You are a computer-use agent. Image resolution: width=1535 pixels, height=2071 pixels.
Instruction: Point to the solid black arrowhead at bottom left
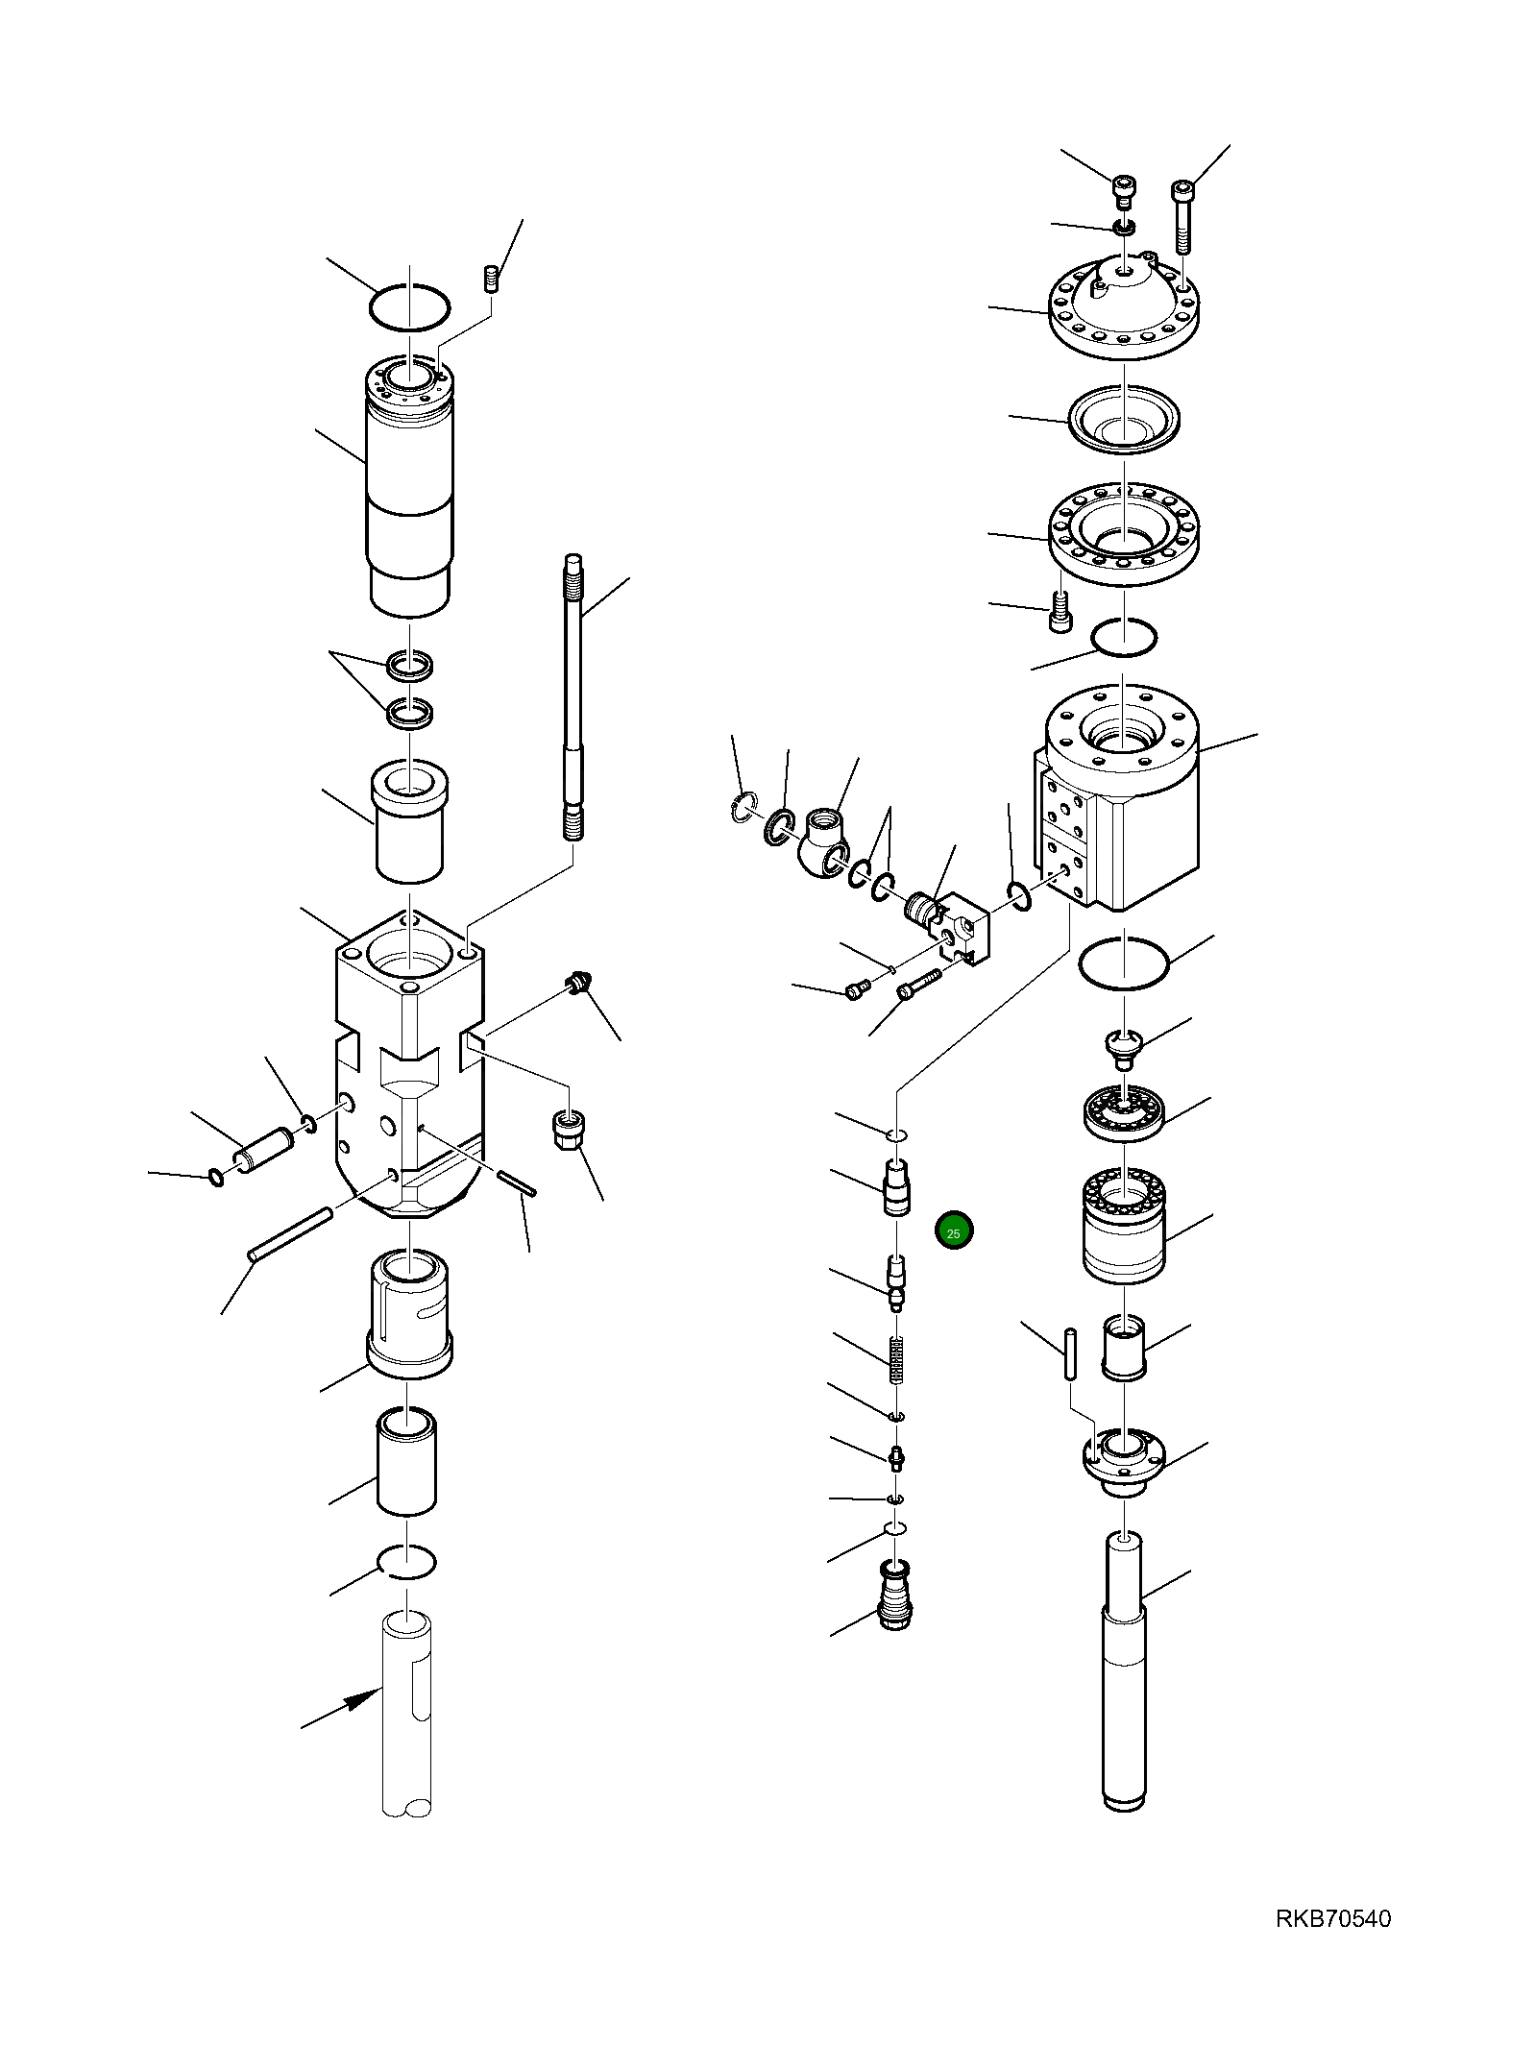click(362, 1700)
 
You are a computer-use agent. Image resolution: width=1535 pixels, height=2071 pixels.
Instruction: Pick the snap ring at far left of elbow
click(742, 807)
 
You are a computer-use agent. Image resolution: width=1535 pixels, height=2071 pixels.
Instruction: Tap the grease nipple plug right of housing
click(576, 984)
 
